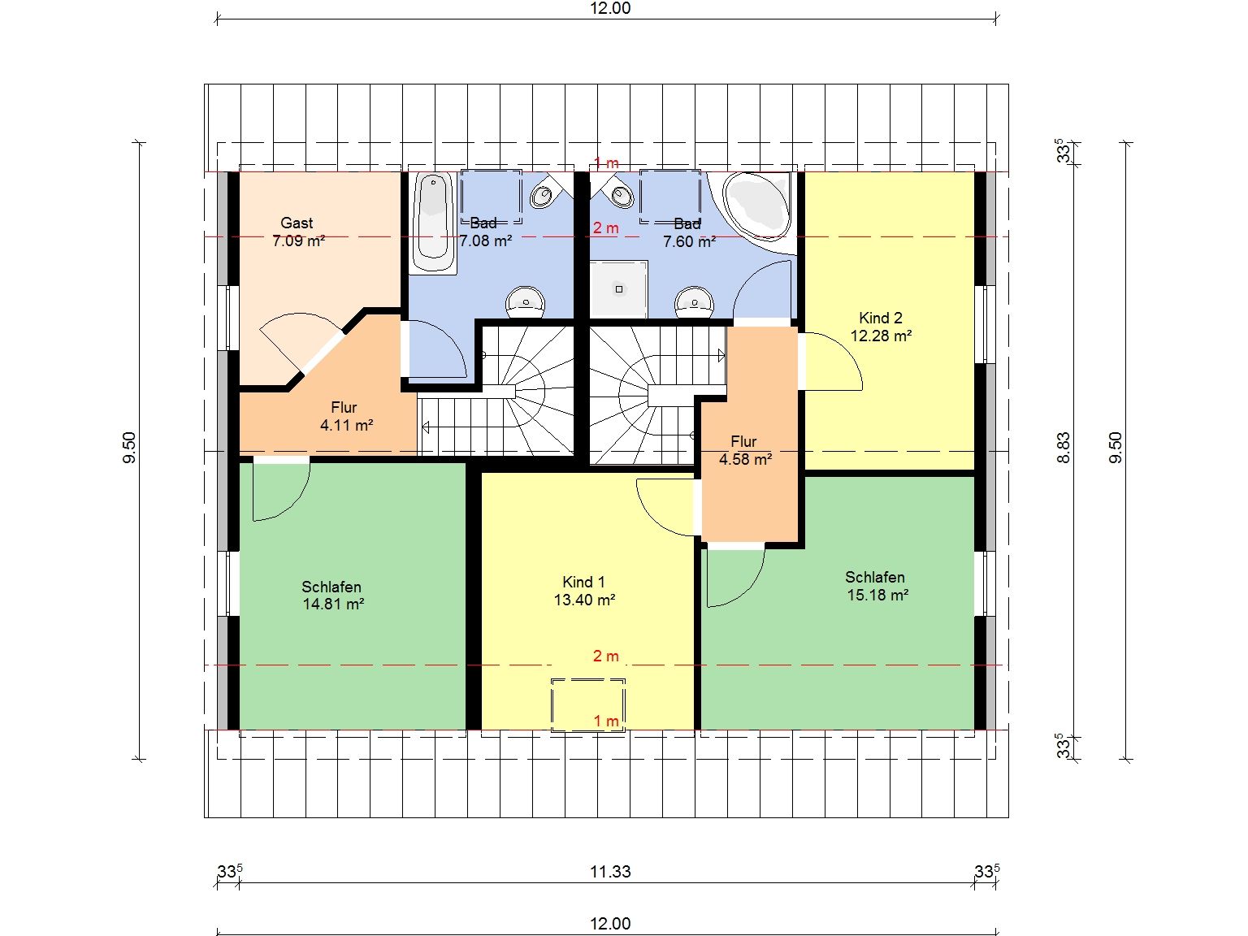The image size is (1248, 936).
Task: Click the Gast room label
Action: (x=297, y=223)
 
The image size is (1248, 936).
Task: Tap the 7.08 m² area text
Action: (x=486, y=241)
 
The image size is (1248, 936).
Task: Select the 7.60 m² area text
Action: (x=689, y=242)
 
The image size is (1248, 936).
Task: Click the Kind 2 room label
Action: (x=881, y=318)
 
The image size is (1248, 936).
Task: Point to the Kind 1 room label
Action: (x=584, y=582)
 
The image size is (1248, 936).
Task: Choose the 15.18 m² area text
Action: (x=877, y=595)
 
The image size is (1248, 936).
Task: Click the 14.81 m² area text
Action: (x=333, y=604)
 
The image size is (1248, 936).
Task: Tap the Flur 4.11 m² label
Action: (x=345, y=416)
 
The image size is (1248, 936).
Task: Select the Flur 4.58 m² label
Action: (x=745, y=450)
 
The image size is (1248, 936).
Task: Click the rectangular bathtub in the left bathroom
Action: (x=433, y=223)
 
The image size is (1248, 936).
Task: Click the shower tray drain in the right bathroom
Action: (x=619, y=289)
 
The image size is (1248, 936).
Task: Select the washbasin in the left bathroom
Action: (x=526, y=302)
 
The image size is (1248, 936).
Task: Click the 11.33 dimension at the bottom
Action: (x=610, y=871)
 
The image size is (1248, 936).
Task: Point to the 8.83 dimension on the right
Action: (x=1064, y=448)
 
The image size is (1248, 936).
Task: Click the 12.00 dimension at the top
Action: (x=610, y=8)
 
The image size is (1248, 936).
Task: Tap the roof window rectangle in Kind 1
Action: (x=588, y=704)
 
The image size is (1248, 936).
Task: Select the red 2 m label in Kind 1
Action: (x=605, y=656)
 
